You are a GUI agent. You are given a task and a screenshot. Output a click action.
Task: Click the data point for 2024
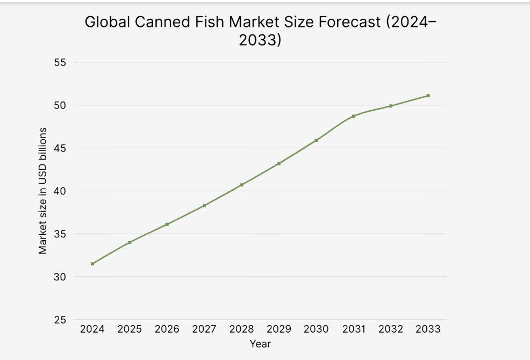[x=92, y=264]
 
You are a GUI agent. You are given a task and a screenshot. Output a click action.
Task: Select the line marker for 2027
[x=204, y=205]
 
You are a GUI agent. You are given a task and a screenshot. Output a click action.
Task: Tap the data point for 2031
[x=354, y=116]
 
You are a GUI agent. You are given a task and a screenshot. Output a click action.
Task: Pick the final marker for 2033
[x=428, y=96]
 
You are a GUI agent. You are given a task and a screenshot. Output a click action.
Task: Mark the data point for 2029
[x=279, y=163]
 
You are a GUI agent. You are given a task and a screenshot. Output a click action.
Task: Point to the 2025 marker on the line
[x=130, y=242]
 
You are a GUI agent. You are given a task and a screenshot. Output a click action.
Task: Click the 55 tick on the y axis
[x=60, y=62]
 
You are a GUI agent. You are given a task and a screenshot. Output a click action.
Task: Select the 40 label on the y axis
[x=60, y=191]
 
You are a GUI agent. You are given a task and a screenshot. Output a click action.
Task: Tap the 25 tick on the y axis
[x=60, y=320]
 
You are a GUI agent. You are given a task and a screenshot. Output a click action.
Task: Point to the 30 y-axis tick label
[x=60, y=277]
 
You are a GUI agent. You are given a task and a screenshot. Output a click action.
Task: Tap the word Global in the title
[x=107, y=23]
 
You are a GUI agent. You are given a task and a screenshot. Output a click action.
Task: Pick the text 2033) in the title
[x=260, y=40]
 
